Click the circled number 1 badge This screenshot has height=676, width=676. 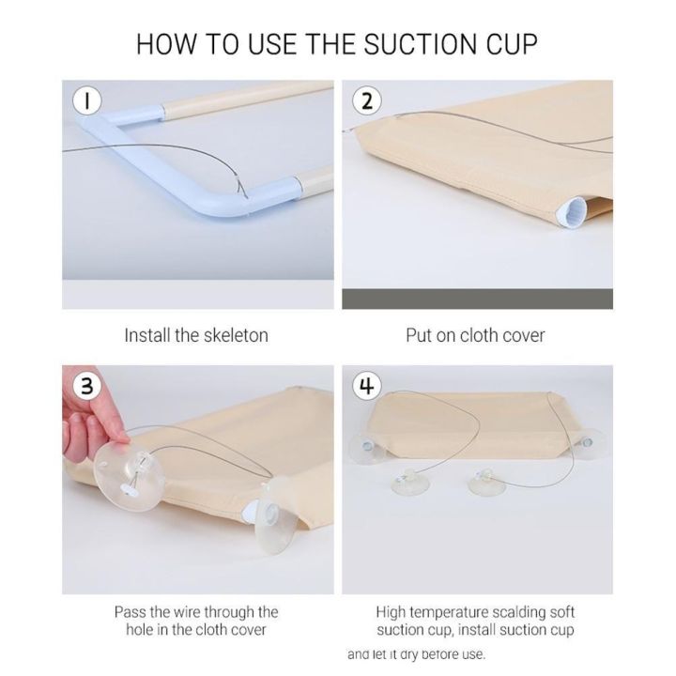tap(87, 101)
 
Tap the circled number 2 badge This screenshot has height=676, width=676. tap(367, 101)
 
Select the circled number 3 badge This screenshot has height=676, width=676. tap(87, 386)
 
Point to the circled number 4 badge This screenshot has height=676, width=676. tap(367, 386)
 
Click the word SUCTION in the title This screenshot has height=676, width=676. tap(421, 44)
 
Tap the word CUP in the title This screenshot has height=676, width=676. tap(513, 44)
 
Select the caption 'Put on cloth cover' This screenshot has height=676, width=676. tap(475, 335)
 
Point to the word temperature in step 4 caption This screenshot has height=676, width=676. tap(450, 612)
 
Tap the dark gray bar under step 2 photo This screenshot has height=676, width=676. tap(477, 299)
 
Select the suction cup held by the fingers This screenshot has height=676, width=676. tap(129, 471)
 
